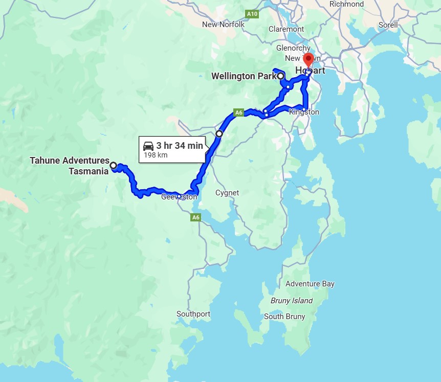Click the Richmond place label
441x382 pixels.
(346, 4)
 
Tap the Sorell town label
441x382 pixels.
(388, 25)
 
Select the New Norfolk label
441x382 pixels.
(223, 25)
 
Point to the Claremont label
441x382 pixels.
(286, 29)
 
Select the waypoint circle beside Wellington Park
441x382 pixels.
(281, 76)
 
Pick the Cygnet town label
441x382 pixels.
(227, 193)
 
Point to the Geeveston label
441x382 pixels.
(179, 197)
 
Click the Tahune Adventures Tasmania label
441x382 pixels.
(70, 166)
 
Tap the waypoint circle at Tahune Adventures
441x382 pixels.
(114, 166)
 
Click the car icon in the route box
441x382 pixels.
(149, 146)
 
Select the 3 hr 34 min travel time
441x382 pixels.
(180, 146)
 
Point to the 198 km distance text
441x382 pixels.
(156, 155)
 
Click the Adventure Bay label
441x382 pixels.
(310, 284)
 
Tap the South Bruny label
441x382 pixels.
(284, 317)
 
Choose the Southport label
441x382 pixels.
(193, 314)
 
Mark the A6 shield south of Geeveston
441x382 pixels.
(195, 217)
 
